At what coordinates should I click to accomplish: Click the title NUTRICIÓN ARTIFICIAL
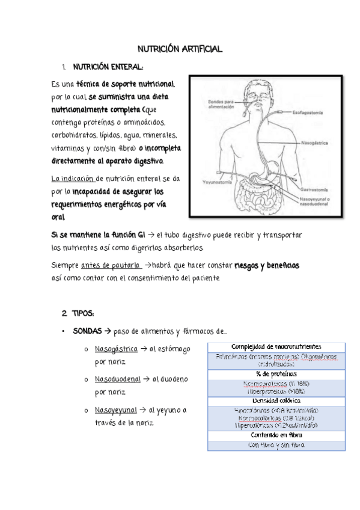point(180,49)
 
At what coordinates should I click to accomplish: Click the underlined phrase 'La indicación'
point(73,179)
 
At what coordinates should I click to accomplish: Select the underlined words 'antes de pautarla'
point(108,265)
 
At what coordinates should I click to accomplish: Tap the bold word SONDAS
point(87,331)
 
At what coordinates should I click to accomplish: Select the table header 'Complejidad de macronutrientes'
point(276,347)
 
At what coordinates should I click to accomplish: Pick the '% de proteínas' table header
point(276,374)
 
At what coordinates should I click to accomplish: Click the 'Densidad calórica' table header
point(276,401)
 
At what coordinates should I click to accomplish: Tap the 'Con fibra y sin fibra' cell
point(276,446)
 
